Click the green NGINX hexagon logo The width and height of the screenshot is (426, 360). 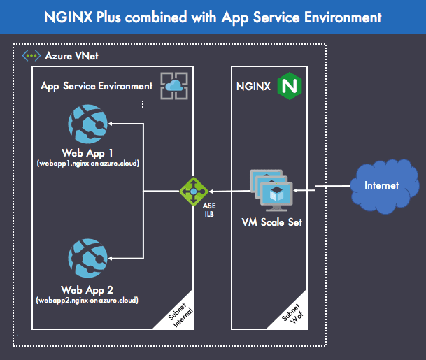tap(287, 86)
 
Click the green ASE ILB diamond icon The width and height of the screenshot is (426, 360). tap(193, 190)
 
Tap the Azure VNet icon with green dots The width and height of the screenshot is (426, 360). tap(31, 55)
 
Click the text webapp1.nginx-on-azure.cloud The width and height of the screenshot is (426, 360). tap(87, 164)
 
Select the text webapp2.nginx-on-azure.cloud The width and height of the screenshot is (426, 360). tap(87, 301)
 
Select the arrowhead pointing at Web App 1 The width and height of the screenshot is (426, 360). tap(113, 124)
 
